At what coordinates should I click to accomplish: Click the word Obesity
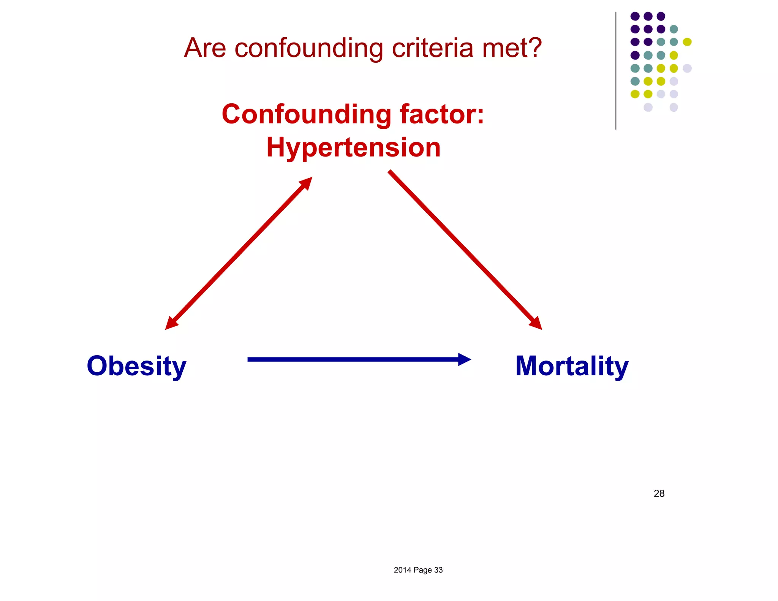point(136,366)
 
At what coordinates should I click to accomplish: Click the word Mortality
point(572,366)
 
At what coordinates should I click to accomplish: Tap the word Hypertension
point(353,147)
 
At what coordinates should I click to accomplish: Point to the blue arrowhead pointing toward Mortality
point(464,359)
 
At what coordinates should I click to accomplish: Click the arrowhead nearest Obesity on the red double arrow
point(171,323)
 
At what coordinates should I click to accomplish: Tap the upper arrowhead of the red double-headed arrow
point(306,183)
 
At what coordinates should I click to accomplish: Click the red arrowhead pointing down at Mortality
point(536,323)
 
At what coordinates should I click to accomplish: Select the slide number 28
point(659,493)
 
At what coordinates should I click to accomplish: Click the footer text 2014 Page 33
point(418,570)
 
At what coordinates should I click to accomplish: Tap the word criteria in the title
point(433,48)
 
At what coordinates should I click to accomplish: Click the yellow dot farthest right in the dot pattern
point(687,42)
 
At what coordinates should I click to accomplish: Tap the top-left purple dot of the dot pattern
point(635,16)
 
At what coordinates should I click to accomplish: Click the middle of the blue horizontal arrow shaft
point(353,359)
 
